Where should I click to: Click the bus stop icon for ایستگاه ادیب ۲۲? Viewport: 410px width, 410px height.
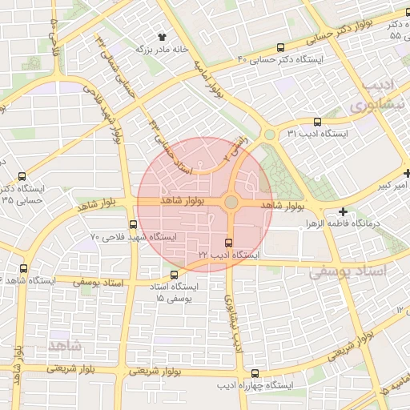click(x=229, y=243)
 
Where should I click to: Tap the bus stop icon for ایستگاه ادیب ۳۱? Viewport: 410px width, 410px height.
click(x=318, y=123)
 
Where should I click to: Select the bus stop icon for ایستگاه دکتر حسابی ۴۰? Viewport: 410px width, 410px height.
click(x=279, y=48)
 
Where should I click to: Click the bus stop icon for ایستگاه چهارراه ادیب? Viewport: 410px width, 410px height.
click(x=255, y=373)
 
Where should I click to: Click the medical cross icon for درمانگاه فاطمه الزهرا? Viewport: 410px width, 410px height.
click(x=344, y=212)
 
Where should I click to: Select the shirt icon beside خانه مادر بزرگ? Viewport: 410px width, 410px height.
click(x=163, y=37)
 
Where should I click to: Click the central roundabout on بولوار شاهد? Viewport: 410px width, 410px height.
click(x=231, y=203)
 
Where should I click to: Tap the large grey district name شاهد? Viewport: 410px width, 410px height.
click(x=63, y=345)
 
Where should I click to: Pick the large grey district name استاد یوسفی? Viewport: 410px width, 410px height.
click(x=357, y=272)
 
